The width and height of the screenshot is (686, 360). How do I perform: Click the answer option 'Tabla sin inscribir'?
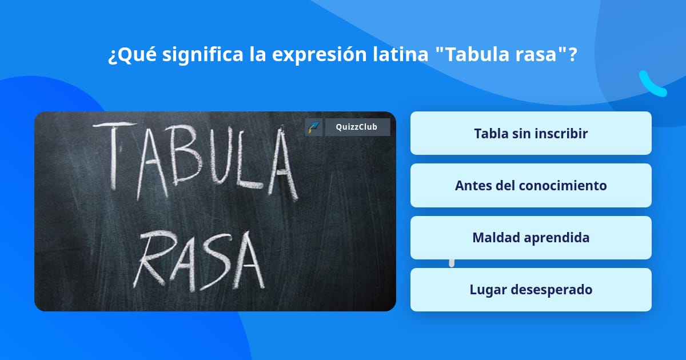click(x=531, y=133)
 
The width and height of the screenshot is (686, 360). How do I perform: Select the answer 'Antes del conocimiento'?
click(x=531, y=186)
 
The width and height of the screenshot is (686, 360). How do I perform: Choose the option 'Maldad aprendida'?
click(x=531, y=238)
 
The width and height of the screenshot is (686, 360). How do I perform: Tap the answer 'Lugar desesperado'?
click(x=531, y=290)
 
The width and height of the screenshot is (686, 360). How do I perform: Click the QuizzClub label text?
click(x=357, y=127)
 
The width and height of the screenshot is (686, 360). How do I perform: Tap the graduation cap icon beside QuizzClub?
click(x=314, y=127)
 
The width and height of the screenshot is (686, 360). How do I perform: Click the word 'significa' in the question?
click(x=203, y=55)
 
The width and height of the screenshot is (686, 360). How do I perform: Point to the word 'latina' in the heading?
click(x=401, y=54)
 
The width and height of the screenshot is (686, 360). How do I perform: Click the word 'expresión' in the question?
click(x=320, y=55)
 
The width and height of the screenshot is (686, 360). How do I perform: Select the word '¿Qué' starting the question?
click(x=132, y=55)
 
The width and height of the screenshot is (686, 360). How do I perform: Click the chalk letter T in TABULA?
click(x=114, y=155)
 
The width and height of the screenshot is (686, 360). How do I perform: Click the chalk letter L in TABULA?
click(x=250, y=159)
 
